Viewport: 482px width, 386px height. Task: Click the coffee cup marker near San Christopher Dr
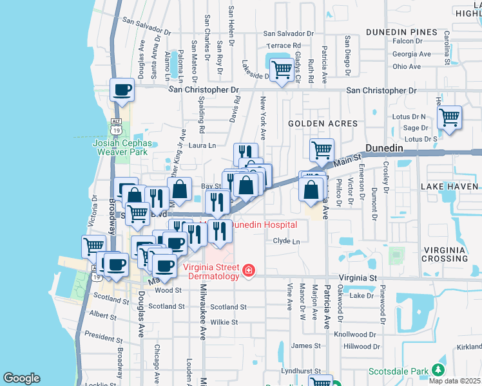tap(122, 91)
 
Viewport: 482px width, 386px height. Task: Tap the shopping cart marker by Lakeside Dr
tap(281, 69)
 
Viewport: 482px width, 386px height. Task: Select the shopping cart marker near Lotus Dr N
tap(449, 118)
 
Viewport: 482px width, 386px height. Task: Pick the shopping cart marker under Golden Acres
tap(322, 151)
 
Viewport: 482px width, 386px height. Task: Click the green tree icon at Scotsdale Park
tap(439, 371)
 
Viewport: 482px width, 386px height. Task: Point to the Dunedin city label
tap(384, 148)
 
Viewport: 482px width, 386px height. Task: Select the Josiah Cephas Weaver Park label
tap(120, 147)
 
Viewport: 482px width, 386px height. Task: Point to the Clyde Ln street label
tap(287, 241)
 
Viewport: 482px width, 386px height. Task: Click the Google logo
tap(22, 378)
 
